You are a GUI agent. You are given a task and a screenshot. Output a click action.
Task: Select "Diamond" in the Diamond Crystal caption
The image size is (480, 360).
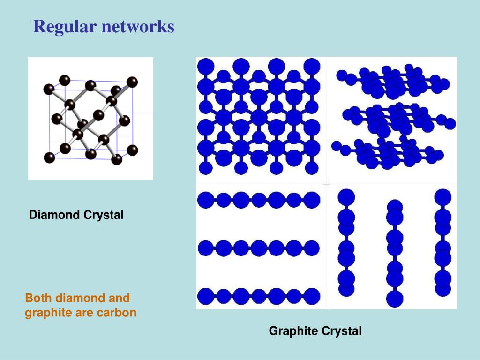point(55,215)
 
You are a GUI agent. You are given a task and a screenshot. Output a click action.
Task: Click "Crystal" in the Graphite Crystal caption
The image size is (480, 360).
point(341,331)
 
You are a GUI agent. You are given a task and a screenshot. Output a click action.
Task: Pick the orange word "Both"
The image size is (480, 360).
point(38,298)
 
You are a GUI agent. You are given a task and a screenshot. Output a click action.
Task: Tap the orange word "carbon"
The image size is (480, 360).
point(116,313)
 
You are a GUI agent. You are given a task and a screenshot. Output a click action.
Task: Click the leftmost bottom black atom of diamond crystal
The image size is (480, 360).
point(49,157)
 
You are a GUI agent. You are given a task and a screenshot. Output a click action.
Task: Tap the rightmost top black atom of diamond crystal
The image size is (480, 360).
point(132,82)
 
